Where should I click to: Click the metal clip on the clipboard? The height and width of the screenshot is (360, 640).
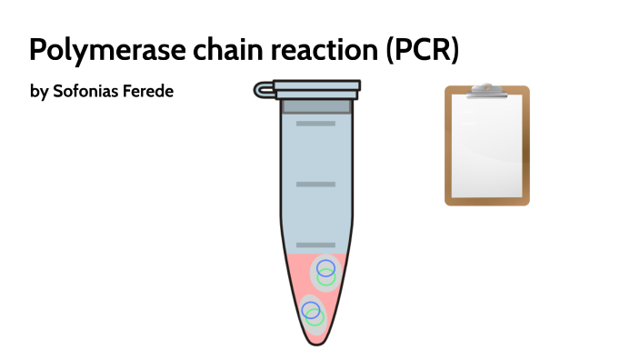[x=486, y=89]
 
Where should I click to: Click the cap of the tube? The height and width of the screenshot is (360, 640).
[x=317, y=88]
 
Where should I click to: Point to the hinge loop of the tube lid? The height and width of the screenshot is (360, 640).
[x=263, y=89]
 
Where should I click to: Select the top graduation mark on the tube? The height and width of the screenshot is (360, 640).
[x=315, y=123]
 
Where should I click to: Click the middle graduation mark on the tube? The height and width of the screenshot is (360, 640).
[x=315, y=185]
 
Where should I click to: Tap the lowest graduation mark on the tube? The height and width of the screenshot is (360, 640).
[x=315, y=245]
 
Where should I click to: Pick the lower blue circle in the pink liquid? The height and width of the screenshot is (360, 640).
[x=310, y=308]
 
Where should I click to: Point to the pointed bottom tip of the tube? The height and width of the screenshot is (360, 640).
[x=316, y=342]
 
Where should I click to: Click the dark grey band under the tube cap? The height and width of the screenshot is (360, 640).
[x=316, y=106]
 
